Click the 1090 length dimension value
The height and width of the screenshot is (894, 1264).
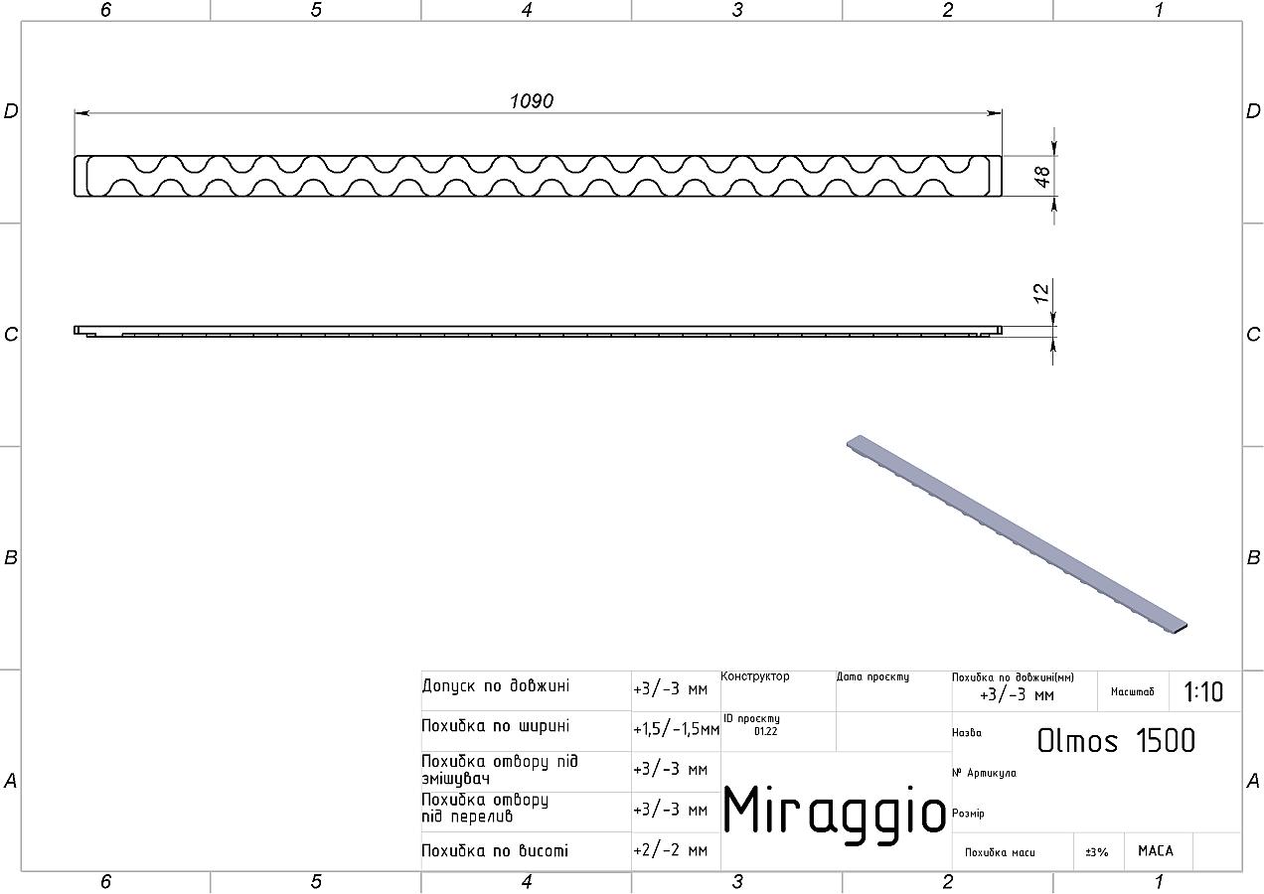coord(532,101)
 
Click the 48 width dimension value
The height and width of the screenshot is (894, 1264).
coord(1042,176)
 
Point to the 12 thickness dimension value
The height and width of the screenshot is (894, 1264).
coord(1041,293)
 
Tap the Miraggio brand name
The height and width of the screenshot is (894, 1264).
coord(834,813)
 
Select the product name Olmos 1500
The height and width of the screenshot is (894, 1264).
coord(1116,741)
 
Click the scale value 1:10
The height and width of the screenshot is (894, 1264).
coord(1203,692)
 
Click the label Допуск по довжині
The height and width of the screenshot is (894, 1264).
coord(496,685)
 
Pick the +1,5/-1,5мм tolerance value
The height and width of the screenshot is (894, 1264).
coord(676,729)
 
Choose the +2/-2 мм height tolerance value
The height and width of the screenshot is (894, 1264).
coord(670,850)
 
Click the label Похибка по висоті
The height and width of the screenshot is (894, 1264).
coord(494,850)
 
